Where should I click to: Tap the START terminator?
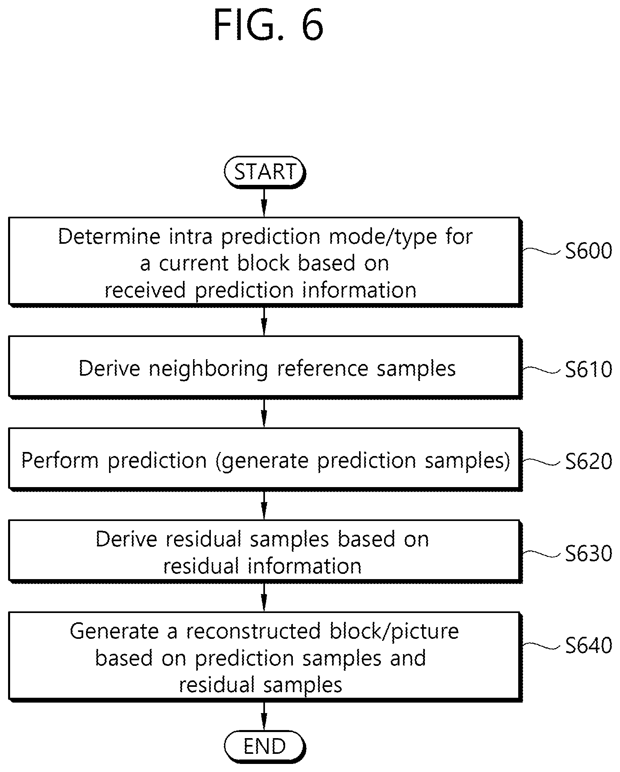265,172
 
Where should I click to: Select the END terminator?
265,746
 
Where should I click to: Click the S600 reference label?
588,251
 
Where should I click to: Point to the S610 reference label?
588,369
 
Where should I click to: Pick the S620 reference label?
588,461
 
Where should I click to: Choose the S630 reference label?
588,553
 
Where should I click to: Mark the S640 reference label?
588,645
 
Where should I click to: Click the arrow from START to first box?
264,202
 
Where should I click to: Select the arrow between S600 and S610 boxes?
264,321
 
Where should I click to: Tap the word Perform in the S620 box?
60,460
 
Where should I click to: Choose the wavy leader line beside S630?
542,553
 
